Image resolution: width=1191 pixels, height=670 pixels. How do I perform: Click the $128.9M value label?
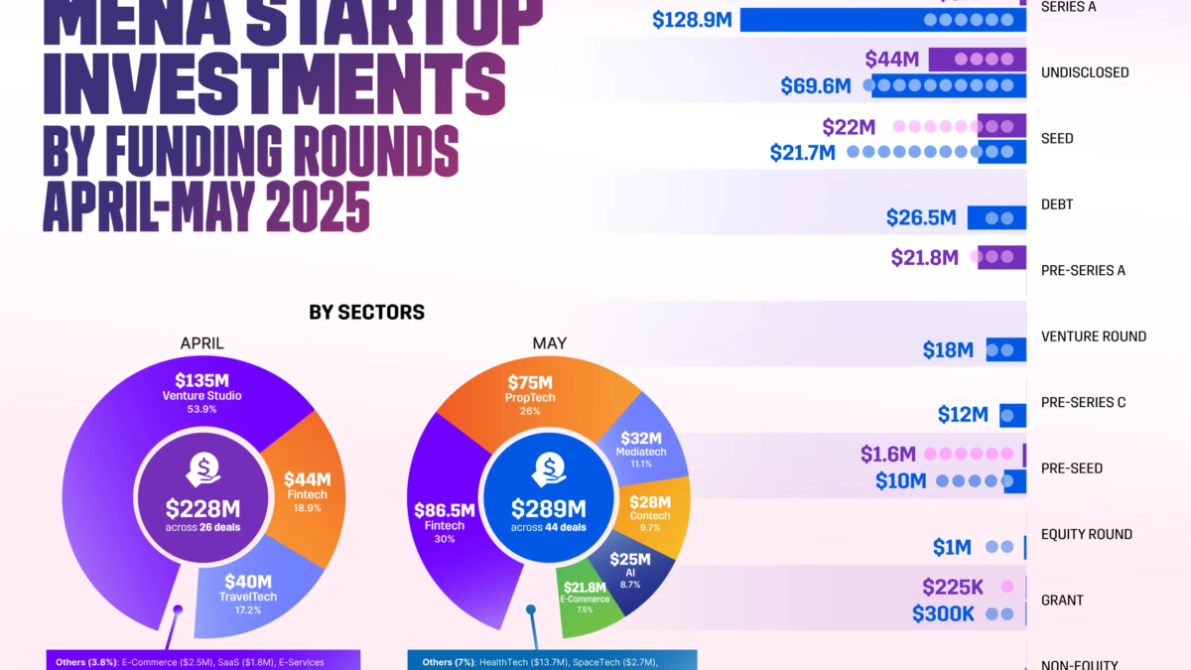[x=692, y=20]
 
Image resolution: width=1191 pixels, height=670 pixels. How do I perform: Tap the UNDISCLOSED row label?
[x=1085, y=72]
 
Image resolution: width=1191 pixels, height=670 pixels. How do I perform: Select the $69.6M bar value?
[x=815, y=86]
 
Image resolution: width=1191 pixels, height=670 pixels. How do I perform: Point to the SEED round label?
[x=1057, y=139]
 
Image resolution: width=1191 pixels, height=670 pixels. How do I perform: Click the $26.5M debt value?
[x=921, y=217]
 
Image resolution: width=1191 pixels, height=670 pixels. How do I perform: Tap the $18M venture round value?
[x=948, y=349]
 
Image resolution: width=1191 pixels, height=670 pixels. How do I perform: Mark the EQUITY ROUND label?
[x=1087, y=534]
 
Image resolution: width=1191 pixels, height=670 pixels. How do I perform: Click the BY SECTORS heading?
[x=366, y=313]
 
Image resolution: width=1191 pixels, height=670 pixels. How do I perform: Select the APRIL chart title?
[x=201, y=343]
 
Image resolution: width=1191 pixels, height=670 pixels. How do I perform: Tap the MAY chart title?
[x=549, y=343]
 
